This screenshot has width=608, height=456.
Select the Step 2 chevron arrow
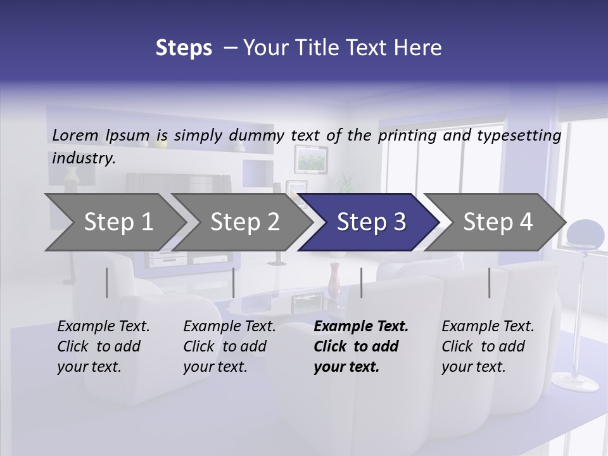(244, 222)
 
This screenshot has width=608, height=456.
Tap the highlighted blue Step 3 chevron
(370, 222)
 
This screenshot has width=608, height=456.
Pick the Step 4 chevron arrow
(497, 222)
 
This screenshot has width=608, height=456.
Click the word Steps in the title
(184, 48)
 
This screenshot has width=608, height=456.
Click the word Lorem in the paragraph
(75, 135)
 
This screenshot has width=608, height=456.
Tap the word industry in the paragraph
(84, 158)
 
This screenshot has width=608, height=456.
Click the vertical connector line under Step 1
(107, 282)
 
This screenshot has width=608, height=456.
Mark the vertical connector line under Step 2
(234, 282)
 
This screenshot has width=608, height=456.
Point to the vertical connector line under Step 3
(361, 282)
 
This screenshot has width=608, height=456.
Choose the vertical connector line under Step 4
(489, 282)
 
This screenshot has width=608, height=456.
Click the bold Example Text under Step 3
(361, 327)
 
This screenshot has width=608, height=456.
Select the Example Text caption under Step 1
(103, 327)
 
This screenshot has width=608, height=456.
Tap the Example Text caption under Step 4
(488, 327)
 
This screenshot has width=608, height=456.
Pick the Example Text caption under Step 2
(229, 327)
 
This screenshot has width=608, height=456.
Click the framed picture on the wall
(311, 158)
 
